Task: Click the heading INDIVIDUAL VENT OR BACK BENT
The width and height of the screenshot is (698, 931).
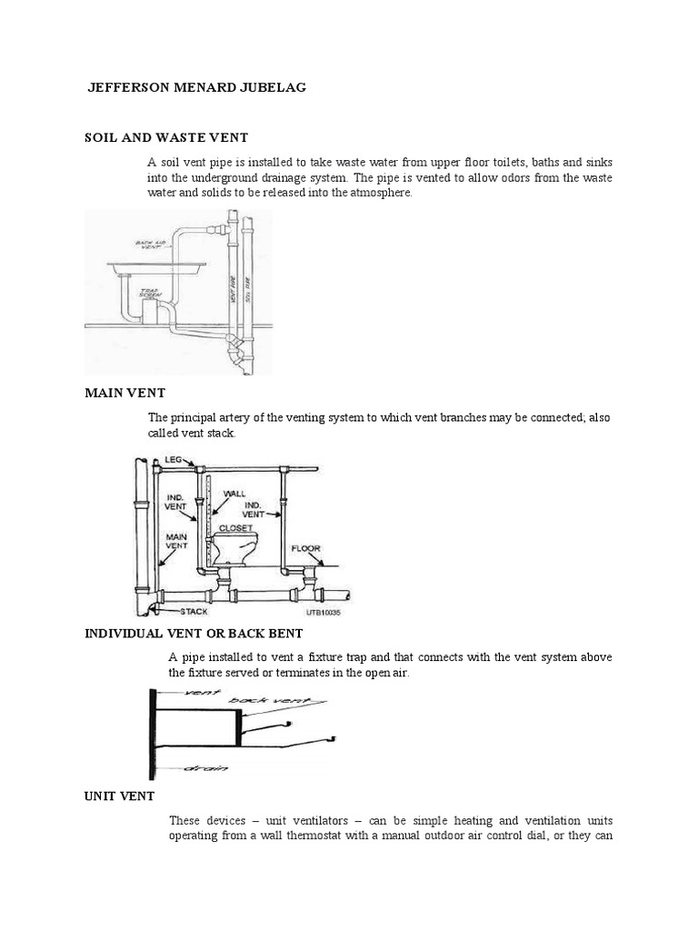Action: coord(194,632)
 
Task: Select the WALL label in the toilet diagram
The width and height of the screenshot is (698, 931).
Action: coord(234,492)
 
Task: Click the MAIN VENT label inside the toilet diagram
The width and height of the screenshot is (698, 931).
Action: coord(175,542)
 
